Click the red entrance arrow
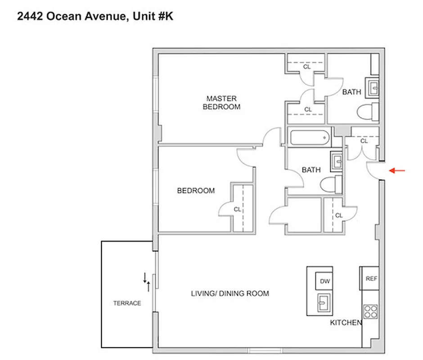tap(397, 171)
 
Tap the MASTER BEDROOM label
tap(221, 103)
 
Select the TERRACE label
tap(127, 303)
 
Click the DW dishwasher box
tap(324, 281)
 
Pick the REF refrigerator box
tap(371, 279)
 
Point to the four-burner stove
tap(370, 311)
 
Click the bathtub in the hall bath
tap(310, 137)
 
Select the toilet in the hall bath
tap(331, 184)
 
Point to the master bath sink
tap(373, 88)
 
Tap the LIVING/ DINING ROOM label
tap(230, 293)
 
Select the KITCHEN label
tap(346, 323)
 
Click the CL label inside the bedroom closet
tap(237, 209)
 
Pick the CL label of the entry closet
tap(364, 141)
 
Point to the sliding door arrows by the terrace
tap(147, 281)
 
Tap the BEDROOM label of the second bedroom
tap(196, 190)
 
